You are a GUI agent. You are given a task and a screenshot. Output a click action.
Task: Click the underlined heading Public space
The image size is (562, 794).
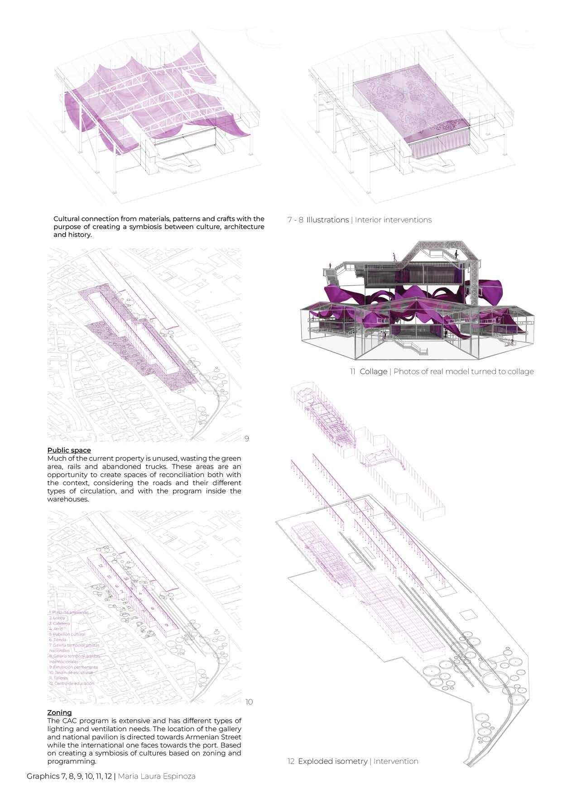tap(69, 450)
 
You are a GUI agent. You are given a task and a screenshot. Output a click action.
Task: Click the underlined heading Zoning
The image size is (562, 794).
tap(59, 713)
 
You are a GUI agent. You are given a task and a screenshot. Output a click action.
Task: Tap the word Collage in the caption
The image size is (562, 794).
tap(373, 372)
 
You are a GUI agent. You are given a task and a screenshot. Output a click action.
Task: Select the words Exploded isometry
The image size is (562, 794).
tap(332, 761)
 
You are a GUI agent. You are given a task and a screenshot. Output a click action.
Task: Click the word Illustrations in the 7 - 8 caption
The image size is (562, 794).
tap(327, 220)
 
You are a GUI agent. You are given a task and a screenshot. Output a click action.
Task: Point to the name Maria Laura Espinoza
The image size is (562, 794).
tap(157, 776)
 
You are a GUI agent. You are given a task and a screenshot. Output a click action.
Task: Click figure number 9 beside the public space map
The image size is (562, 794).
tap(246, 439)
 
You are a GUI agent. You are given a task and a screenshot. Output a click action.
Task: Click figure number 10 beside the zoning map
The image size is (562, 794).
tap(249, 702)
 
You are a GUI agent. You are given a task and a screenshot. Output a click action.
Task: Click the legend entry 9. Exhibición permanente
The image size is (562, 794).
tap(73, 667)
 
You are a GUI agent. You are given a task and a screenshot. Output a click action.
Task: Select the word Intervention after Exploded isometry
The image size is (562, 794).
tap(396, 761)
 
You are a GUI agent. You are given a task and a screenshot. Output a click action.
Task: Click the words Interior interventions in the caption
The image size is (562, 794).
tap(393, 220)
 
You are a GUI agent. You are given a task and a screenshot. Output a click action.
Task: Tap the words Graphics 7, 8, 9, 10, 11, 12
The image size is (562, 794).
tap(69, 776)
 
